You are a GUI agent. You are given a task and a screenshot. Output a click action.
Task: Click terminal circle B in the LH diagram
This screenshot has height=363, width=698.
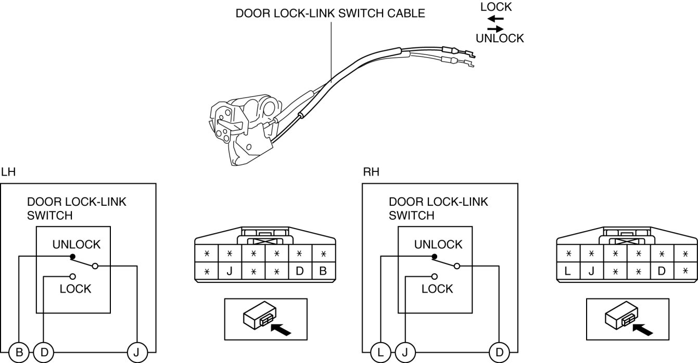click(19, 353)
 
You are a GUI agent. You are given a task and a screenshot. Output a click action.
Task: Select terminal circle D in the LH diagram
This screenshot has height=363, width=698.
click(44, 353)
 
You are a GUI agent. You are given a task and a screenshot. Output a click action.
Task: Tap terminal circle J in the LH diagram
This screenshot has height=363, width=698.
click(136, 353)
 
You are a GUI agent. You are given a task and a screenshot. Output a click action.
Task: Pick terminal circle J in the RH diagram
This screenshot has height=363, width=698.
click(405, 353)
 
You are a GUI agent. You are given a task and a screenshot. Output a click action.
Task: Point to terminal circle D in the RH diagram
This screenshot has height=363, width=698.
click(499, 353)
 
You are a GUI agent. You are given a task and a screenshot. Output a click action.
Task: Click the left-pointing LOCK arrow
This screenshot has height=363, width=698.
click(496, 19)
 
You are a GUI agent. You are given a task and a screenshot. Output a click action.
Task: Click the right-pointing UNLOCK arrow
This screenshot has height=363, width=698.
click(496, 29)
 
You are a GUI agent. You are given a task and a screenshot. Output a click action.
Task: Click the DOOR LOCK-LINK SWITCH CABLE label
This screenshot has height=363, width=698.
click(331, 14)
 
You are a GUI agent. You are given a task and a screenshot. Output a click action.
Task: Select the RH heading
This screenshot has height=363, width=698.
click(371, 172)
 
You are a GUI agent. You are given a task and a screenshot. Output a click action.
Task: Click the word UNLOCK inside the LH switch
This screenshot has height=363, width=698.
click(77, 244)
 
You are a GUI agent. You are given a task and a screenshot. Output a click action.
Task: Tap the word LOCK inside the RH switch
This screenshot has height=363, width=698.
click(437, 289)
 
